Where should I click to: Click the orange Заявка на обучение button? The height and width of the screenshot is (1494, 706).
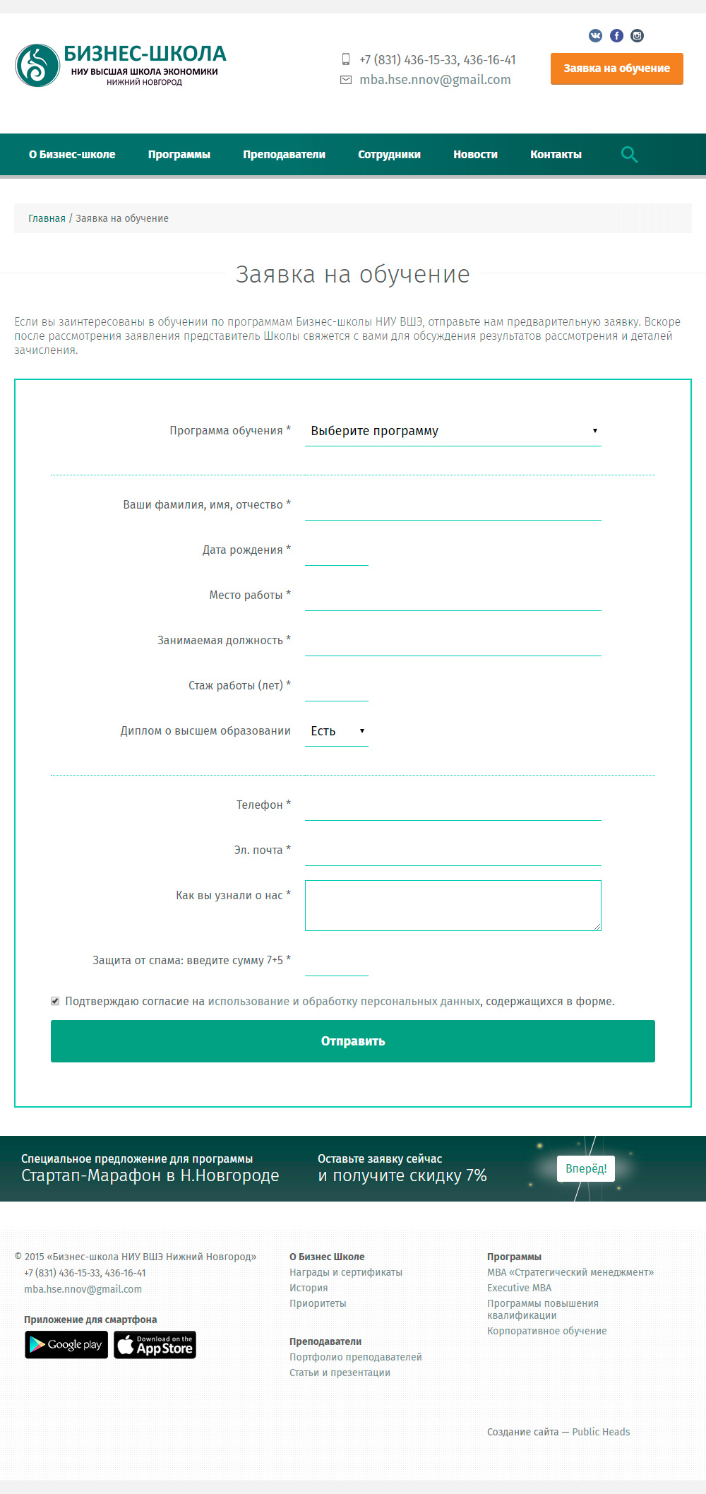pos(616,69)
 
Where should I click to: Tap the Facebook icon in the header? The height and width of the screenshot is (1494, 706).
pos(616,35)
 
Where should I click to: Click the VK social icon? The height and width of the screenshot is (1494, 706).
pos(596,35)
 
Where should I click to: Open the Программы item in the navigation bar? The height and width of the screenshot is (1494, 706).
pos(179,155)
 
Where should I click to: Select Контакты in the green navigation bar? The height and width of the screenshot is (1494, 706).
pos(556,155)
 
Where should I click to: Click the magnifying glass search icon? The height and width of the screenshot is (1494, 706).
pos(629,155)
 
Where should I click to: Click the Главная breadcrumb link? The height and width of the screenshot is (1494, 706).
pos(47,218)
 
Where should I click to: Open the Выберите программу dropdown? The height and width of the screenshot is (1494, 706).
pos(453,431)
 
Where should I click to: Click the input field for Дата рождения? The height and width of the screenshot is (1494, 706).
pos(337,551)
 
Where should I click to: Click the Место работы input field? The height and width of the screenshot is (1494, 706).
pos(453,596)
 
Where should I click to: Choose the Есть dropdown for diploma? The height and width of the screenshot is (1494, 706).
pos(337,731)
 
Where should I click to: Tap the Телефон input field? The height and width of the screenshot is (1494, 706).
pos(453,806)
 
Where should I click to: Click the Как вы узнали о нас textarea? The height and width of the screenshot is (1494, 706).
pos(453,905)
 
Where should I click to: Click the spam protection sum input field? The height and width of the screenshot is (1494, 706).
pos(337,961)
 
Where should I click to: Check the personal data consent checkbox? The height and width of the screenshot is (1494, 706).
pos(55,1001)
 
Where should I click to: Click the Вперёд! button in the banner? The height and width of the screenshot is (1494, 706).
pos(586,1168)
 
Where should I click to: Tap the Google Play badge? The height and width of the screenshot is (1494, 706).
pos(66,1345)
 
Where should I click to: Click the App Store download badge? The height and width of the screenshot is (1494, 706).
pos(155,1345)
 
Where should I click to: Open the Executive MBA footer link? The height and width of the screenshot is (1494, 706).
pos(519,1288)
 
